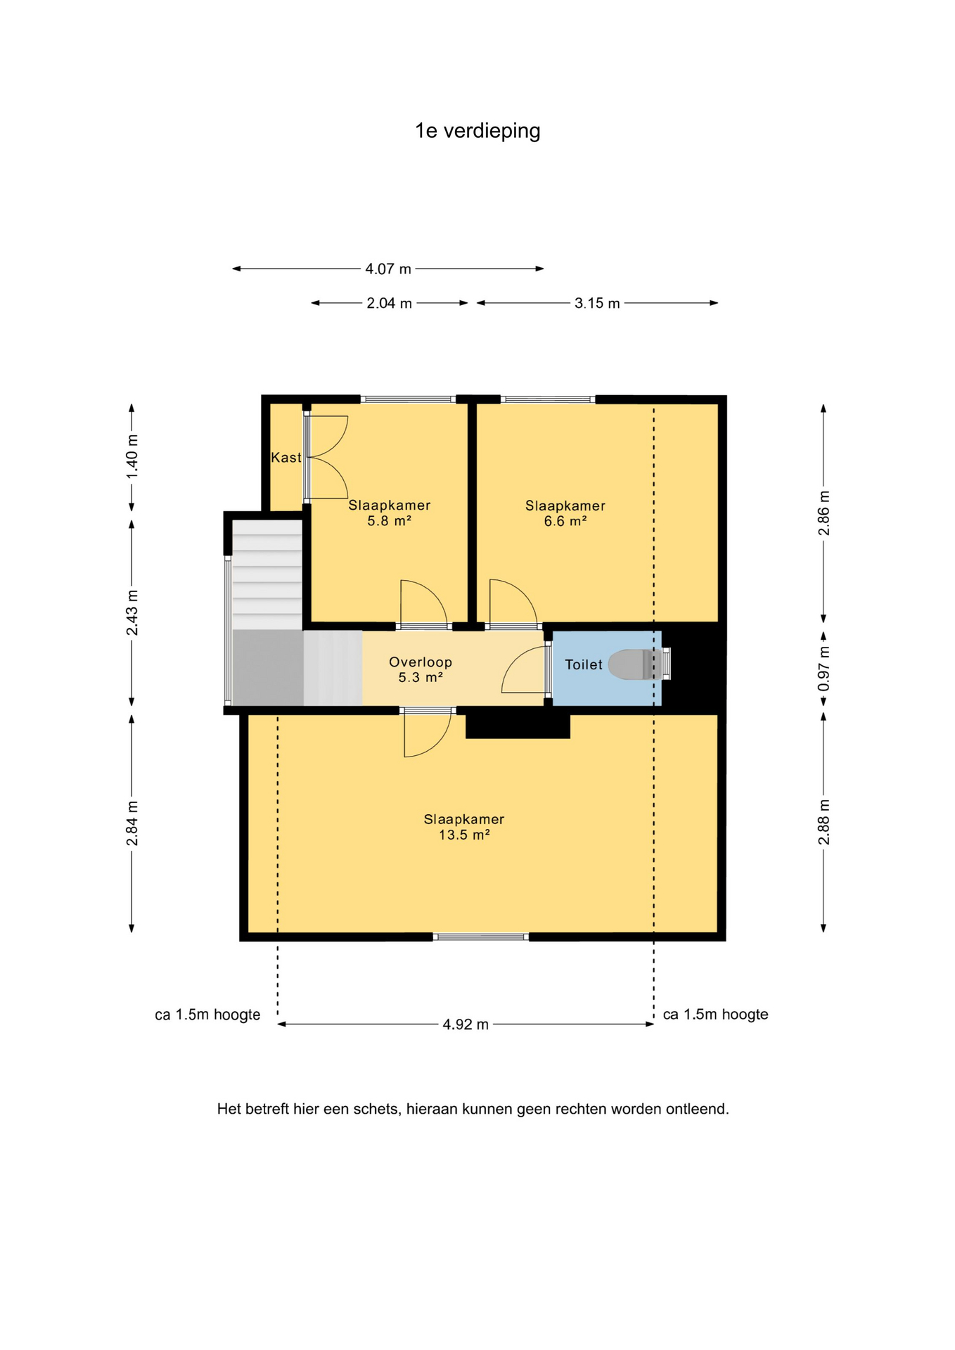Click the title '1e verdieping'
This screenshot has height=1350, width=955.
click(x=478, y=131)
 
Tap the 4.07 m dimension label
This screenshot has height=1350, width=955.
click(x=388, y=269)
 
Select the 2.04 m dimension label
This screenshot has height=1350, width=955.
click(x=389, y=303)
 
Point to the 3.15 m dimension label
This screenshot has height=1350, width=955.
click(x=597, y=303)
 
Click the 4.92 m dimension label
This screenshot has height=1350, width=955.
click(x=466, y=1024)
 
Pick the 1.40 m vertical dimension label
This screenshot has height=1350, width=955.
click(x=132, y=456)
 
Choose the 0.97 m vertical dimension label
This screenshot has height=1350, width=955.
click(x=824, y=668)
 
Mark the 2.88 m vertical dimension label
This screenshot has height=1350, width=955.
click(x=824, y=823)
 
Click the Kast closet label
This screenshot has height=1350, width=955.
click(x=286, y=458)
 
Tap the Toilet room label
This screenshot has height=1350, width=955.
click(x=584, y=664)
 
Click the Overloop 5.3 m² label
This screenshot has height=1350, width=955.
click(x=421, y=669)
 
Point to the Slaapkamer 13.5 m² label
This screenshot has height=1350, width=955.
click(x=464, y=827)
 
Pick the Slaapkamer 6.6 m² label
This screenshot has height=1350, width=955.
click(x=565, y=513)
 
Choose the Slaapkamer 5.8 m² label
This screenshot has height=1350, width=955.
click(x=390, y=513)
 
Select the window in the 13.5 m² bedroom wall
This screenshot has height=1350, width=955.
click(x=481, y=937)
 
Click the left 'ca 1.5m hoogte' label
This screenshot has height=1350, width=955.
click(x=207, y=1015)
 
